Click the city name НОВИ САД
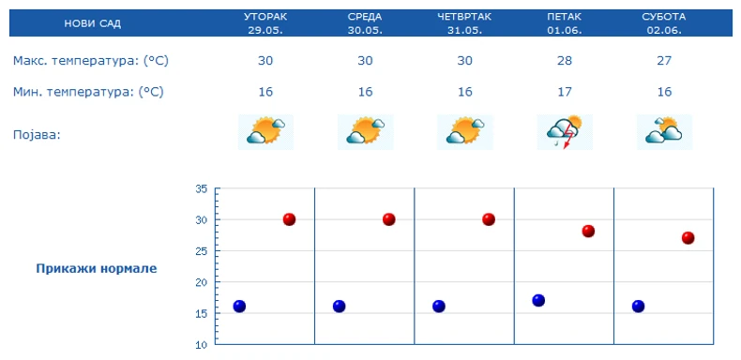pos(92,23)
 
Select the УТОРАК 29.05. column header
pos(265,23)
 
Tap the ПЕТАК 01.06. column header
pos(564,23)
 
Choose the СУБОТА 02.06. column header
pos(663,23)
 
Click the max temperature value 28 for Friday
pos(564,61)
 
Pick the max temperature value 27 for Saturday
pos(663,61)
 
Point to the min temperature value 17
pos(564,92)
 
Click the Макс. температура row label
pos(91,61)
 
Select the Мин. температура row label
pos(88,92)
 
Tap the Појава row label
pos(37,134)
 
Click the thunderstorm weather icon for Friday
pos(564,132)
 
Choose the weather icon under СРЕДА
pos(365,132)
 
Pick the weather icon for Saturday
pos(663,132)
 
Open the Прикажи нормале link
pos(97,269)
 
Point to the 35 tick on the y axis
pos(201,188)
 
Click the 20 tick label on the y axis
pos(201,282)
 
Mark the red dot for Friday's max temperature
pos(588,232)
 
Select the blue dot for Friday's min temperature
pos(538,301)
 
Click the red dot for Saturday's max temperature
pos(688,238)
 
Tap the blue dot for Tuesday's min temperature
pos(239,307)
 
